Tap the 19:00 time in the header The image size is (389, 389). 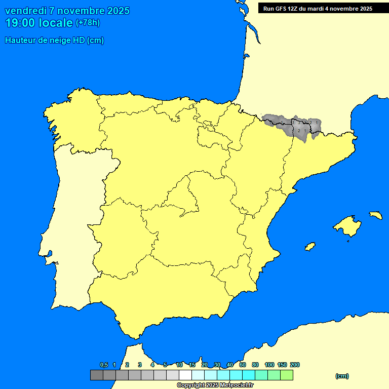click(20, 23)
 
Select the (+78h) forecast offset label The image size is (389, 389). click(88, 23)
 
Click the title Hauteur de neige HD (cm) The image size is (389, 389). click(54, 41)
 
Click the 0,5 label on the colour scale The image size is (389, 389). click(104, 365)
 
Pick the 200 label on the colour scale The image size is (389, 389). click(294, 365)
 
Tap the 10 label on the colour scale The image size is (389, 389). click(179, 365)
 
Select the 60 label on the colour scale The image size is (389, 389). click(243, 365)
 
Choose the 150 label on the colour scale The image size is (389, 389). click(282, 365)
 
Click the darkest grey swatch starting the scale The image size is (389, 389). click(96, 375)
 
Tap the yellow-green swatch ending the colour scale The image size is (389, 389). click(287, 375)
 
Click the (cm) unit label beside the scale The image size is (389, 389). click(342, 376)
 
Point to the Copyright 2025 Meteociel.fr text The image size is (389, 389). click(215, 385)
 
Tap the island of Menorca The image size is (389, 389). click(375, 215)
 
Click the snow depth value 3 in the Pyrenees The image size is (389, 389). click(298, 123)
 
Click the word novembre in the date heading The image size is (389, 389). click(81, 11)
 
